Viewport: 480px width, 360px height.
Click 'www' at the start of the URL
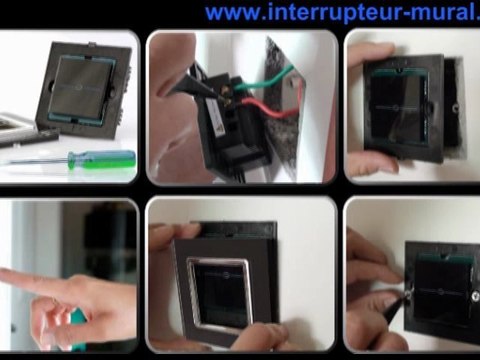click(x=228, y=13)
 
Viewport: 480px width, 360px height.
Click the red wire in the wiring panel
click(x=275, y=111)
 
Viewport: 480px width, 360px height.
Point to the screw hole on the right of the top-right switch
click(x=452, y=105)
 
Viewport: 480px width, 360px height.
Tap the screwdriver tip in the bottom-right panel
click(x=410, y=295)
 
